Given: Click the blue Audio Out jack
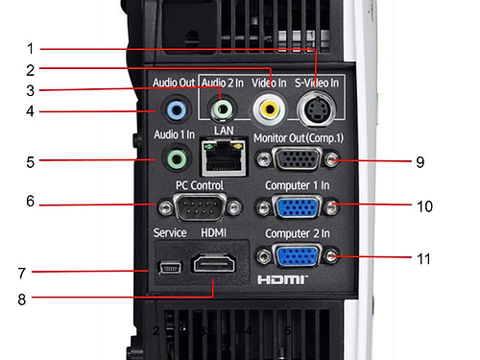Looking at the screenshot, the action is click(x=177, y=109).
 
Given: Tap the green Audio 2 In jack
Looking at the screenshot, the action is click(x=222, y=109).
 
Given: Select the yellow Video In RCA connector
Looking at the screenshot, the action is click(x=269, y=109).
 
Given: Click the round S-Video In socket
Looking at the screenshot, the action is click(x=316, y=109).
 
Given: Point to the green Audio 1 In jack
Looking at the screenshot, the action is click(x=177, y=158).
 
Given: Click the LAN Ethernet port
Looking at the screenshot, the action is click(x=224, y=156).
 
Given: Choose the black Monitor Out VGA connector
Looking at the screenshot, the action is click(x=298, y=158).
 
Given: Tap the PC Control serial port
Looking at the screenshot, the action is click(x=200, y=207).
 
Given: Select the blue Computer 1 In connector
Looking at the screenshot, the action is click(x=298, y=207).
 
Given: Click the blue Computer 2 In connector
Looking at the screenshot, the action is click(x=298, y=256).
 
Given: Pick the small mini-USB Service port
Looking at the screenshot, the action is click(x=171, y=267).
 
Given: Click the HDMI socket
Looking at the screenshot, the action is click(x=214, y=263).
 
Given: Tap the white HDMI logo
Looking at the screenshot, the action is click(x=282, y=280).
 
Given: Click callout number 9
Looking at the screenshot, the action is click(x=420, y=162).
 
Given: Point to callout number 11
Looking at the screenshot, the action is click(x=423, y=258).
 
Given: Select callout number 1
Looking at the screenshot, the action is click(x=30, y=48).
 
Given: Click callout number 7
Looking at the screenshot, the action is click(x=21, y=273).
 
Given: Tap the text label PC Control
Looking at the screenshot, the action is click(x=200, y=185).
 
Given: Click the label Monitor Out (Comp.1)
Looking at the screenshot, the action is click(x=299, y=138).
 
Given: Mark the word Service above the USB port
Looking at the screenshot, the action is click(x=170, y=232).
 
